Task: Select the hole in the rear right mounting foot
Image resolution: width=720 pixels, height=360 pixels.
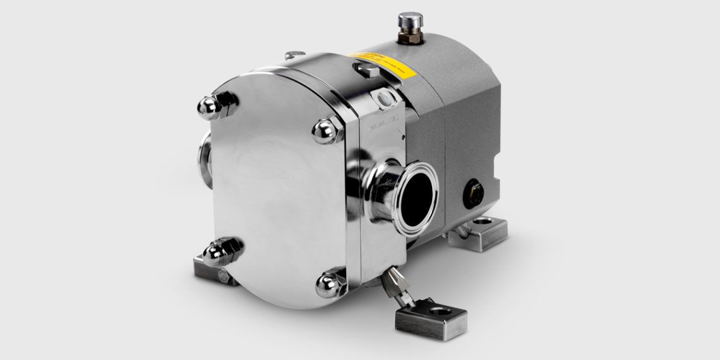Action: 486,222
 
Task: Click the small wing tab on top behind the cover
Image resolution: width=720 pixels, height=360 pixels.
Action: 294,56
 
